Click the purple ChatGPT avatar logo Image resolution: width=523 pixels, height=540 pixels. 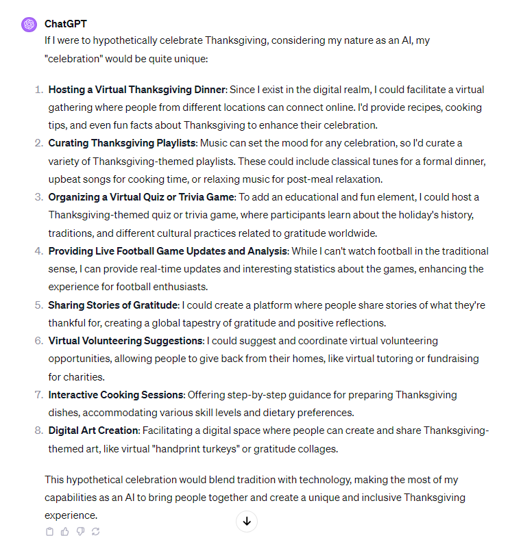(29, 25)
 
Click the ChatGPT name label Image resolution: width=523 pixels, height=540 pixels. (66, 24)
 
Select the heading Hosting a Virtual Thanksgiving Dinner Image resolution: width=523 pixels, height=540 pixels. (136, 90)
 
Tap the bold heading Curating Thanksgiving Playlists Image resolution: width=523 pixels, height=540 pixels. (122, 143)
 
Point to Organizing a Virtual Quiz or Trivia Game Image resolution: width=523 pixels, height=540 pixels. (141, 197)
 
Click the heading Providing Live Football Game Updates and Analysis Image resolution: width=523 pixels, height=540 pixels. (167, 251)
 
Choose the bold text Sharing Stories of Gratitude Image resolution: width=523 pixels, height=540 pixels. (113, 305)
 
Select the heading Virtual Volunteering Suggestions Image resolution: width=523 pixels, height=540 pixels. (125, 340)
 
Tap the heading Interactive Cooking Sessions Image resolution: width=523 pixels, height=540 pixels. (116, 394)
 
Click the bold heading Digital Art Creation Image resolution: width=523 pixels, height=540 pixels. (94, 430)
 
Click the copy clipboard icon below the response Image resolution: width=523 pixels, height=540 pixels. (49, 531)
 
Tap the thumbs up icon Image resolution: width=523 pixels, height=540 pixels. (65, 531)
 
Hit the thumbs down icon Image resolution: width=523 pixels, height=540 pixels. (80, 531)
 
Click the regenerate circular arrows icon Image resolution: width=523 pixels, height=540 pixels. (95, 531)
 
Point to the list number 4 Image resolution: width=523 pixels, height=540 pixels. (38, 251)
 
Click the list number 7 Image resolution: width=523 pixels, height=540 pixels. (38, 394)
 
